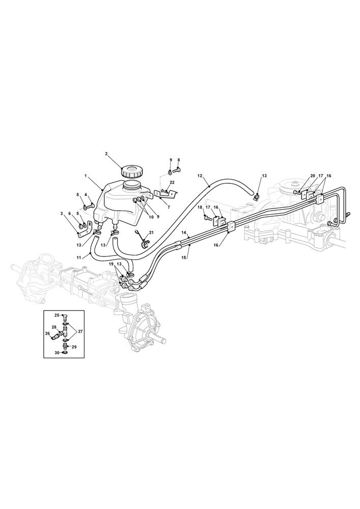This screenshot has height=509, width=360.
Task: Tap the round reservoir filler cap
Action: pos(131,171)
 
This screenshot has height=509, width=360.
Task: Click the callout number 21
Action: pos(151,233)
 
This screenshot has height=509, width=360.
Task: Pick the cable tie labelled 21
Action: pos(143,238)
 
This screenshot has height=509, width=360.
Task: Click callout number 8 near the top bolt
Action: pos(178,160)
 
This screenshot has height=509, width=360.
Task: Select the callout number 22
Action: pos(172,182)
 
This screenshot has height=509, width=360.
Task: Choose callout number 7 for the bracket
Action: pos(169,207)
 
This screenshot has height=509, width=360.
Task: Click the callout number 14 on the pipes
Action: pos(183,233)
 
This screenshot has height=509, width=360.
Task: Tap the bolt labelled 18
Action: pos(208,217)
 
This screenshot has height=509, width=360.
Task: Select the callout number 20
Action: pos(313,176)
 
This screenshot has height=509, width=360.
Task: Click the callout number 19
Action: pos(112,264)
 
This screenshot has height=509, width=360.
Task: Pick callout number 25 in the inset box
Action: pos(57,315)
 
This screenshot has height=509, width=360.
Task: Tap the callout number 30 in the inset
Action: pos(57,353)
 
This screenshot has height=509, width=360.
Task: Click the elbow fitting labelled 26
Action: pos(54,335)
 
